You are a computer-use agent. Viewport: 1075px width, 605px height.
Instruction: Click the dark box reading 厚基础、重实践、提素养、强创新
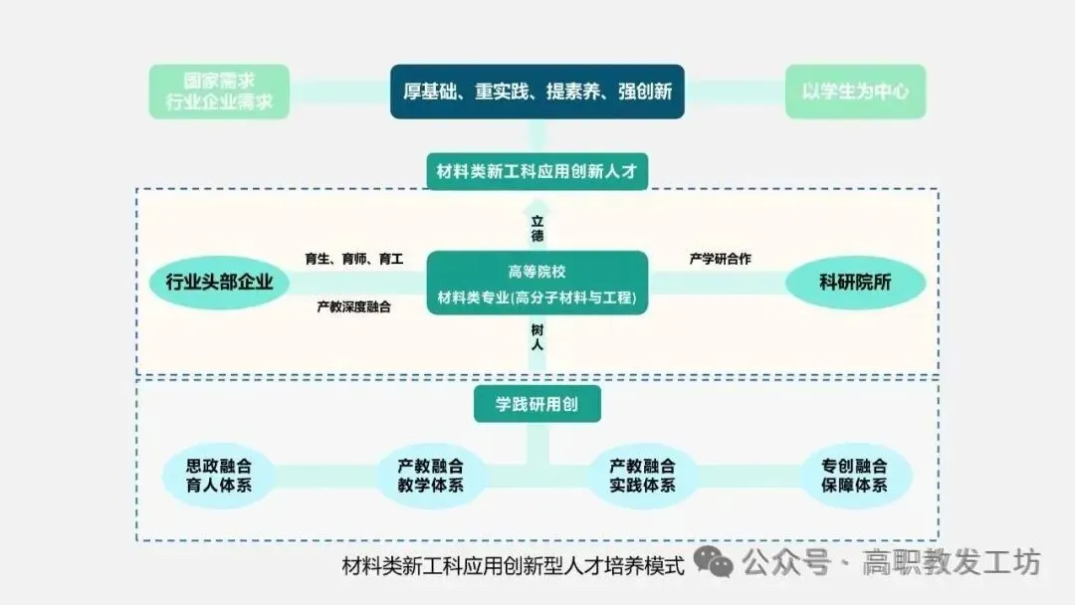[x=537, y=92]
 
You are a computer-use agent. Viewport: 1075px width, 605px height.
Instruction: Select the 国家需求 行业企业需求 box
[x=219, y=92]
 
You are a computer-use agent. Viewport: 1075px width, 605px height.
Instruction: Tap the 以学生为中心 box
[x=855, y=92]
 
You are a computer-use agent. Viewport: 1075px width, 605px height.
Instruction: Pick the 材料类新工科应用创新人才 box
[x=537, y=171]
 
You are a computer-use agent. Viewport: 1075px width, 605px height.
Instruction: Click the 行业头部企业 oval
[x=219, y=283]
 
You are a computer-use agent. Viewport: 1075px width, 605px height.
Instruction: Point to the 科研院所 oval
[x=855, y=283]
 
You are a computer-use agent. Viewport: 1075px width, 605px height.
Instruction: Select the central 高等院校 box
[x=537, y=283]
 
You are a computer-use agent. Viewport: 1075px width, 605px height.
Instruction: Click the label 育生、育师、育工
[x=353, y=259]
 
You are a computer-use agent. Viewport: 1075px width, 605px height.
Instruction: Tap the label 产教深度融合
[x=353, y=307]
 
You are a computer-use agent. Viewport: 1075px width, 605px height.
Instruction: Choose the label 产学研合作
[x=720, y=259]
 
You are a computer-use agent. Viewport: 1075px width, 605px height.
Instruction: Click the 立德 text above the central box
[x=537, y=228]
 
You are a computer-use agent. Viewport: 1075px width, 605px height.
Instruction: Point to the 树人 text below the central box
[x=537, y=336]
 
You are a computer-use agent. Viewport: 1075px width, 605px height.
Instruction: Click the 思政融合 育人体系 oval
[x=219, y=476]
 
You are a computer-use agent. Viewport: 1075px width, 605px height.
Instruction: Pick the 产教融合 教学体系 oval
[x=430, y=476]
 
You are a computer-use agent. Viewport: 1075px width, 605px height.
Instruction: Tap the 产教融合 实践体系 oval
[x=643, y=476]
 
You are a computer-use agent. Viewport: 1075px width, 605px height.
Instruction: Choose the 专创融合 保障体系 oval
[x=855, y=476]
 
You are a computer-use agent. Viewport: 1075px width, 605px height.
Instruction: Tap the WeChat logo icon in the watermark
[x=714, y=561]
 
